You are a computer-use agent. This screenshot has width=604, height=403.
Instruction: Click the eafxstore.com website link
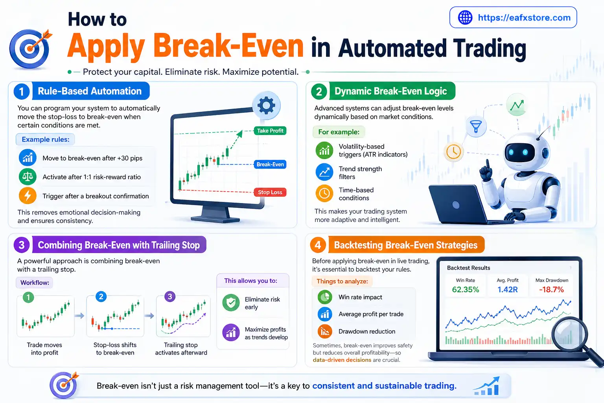[x=524, y=18]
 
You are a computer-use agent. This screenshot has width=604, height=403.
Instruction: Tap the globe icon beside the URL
[x=465, y=17]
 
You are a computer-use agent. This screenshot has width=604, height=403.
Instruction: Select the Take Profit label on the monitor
[x=270, y=131]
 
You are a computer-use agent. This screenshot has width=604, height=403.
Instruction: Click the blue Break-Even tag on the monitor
[x=270, y=165]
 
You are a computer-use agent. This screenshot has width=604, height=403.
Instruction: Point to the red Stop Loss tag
[x=270, y=192]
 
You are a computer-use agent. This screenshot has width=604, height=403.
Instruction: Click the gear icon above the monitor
[x=266, y=105]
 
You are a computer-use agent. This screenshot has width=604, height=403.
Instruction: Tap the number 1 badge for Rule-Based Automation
[x=22, y=92]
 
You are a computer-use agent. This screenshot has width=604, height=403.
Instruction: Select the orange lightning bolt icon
[x=28, y=196]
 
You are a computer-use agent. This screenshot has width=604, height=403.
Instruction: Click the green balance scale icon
[x=28, y=177]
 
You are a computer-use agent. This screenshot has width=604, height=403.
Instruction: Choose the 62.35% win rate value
[x=466, y=290]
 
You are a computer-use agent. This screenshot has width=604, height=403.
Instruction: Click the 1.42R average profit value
[x=507, y=290]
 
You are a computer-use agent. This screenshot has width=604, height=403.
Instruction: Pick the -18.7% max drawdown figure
[x=551, y=290]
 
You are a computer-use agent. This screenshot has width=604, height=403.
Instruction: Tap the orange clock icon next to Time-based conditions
[x=324, y=193]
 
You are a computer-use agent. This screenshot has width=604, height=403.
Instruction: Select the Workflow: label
[x=35, y=283]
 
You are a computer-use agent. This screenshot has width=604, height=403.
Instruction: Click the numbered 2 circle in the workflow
[x=101, y=297]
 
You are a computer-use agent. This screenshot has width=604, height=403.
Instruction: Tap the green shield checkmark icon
[x=231, y=303]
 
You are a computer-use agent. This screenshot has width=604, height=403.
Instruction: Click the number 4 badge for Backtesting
[x=318, y=245]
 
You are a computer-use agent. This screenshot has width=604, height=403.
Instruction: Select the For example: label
[x=339, y=132]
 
